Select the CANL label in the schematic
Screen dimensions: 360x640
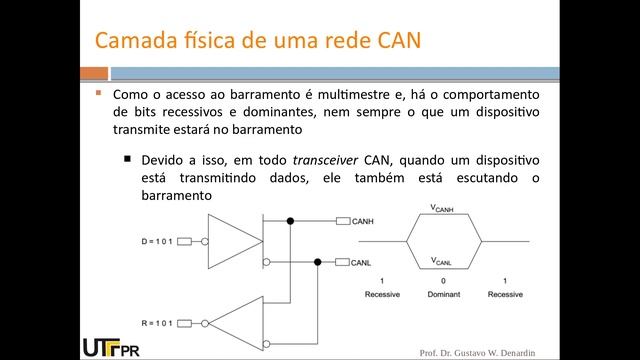362,263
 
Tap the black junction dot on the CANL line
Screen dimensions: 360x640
318,262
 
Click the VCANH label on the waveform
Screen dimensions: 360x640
441,208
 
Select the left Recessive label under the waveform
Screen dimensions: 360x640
384,293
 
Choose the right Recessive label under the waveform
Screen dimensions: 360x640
505,293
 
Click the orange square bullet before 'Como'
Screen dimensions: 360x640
99,93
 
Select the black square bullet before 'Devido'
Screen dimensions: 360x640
128,158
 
